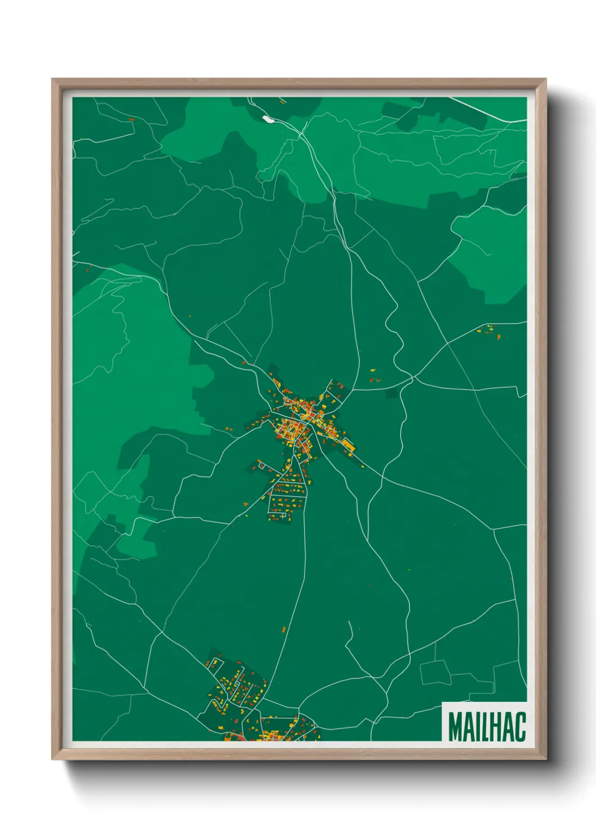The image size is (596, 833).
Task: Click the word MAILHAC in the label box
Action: (487, 727)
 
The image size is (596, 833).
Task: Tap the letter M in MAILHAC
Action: (456, 727)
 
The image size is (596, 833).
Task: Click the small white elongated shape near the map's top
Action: (267, 119)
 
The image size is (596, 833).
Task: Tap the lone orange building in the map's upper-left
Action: (132, 119)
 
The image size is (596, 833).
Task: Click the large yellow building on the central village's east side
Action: (349, 446)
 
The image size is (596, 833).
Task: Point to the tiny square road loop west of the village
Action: (261, 464)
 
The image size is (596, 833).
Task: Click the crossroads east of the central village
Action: (412, 380)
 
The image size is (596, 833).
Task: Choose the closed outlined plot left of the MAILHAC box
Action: (435, 672)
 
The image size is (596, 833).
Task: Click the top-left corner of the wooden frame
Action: (52, 79)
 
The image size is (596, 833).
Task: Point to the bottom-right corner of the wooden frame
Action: (545, 759)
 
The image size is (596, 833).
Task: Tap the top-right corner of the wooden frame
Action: (545, 79)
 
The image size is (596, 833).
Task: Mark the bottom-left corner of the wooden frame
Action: (52, 759)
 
